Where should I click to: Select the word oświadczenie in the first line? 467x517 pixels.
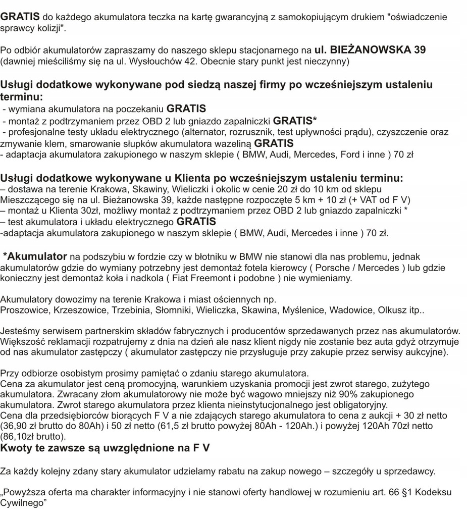pyautogui.click(x=418, y=17)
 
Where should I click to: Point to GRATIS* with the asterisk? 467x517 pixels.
pyautogui.click(x=295, y=121)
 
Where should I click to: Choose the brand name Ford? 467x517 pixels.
pyautogui.click(x=349, y=155)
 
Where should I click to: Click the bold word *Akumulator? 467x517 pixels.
pyautogui.click(x=35, y=256)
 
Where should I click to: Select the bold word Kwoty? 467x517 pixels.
pyautogui.click(x=16, y=448)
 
